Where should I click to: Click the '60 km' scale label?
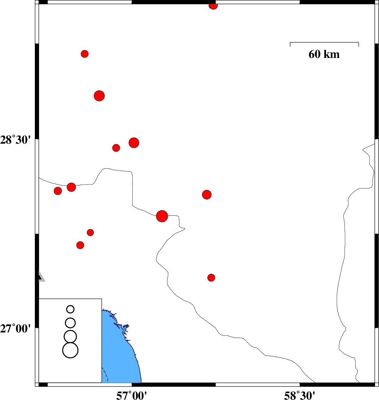(324, 54)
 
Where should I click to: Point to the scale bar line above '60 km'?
(324, 42)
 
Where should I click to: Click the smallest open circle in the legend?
(70, 309)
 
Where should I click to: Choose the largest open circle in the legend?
(70, 350)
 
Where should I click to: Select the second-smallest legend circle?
(70, 322)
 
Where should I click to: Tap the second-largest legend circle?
(70, 336)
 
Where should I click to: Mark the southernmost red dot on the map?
(211, 278)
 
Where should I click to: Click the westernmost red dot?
(58, 191)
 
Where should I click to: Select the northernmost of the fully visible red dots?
(85, 54)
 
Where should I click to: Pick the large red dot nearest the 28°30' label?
(134, 143)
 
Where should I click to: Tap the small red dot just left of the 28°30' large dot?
(116, 148)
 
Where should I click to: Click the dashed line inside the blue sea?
(106, 375)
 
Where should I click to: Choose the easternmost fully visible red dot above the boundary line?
(207, 194)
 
